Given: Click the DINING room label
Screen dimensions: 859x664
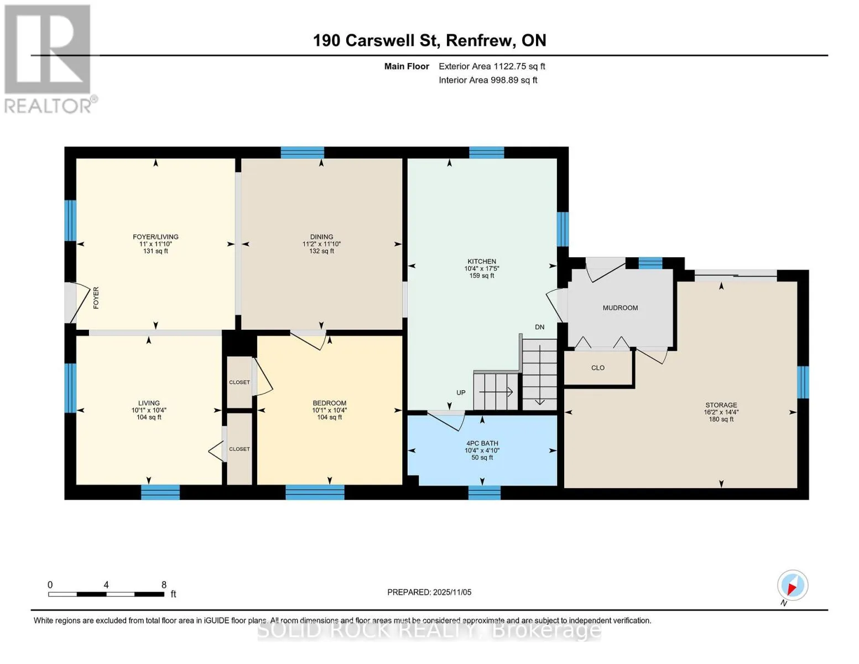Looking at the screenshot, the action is tap(321, 236).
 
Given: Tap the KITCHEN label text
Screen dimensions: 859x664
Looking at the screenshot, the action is tap(481, 261).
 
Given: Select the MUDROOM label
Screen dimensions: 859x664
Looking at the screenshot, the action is tap(620, 308).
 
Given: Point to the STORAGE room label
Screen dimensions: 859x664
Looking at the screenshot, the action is tap(721, 404).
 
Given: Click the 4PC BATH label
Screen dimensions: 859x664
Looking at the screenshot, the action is tap(482, 443).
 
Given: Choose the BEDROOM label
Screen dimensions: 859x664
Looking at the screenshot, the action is tap(329, 403).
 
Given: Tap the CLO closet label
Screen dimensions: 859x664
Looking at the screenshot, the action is tap(598, 368).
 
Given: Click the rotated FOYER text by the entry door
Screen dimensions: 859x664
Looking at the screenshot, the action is tap(96, 298).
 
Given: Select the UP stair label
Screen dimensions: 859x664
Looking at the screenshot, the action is tap(461, 393).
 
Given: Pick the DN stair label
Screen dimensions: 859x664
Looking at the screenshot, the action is tap(540, 327).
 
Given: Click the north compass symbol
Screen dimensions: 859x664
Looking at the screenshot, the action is tap(792, 585).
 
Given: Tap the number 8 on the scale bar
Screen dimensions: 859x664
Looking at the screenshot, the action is tap(164, 584).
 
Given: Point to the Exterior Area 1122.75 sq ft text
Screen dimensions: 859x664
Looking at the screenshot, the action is tap(492, 66).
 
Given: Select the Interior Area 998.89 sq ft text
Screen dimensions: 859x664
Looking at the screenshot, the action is tap(488, 80).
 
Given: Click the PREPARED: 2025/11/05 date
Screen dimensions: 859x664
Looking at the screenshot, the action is tap(429, 592).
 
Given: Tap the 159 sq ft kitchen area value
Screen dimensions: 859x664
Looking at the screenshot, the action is tap(481, 275).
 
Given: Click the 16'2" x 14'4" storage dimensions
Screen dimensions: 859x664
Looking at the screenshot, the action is tap(721, 412).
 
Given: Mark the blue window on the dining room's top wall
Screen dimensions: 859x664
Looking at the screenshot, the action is tap(303, 152).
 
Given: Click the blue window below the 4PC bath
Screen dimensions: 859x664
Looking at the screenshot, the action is tap(484, 492).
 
